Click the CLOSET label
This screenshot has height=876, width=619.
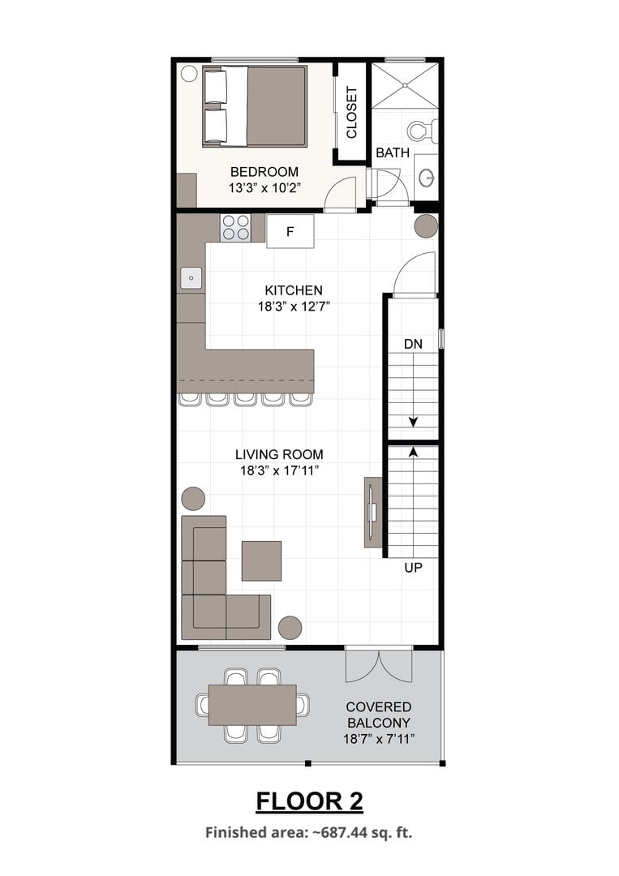pos(351,112)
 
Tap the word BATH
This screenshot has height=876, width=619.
pos(392,152)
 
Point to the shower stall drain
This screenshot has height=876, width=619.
pos(405,85)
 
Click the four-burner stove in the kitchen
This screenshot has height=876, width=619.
pos(235,227)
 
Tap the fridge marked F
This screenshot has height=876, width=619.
pos(290,231)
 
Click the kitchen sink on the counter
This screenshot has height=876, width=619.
pos(191,277)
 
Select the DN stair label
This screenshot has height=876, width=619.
pos(413,344)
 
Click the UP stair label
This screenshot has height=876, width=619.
pos(413,568)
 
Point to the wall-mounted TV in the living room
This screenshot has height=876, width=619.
pos(372,512)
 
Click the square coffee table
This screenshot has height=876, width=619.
pos(261,560)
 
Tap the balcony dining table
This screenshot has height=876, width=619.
pos(252,705)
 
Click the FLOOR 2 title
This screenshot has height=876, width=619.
pos(310,801)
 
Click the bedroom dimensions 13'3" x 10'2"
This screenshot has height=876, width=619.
pos(264,187)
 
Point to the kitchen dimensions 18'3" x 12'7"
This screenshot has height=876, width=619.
pos(294,306)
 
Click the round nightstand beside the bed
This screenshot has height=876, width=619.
pos(189,74)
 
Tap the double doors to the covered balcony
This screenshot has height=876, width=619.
pos(379,664)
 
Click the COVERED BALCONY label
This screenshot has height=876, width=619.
pos(379,715)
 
